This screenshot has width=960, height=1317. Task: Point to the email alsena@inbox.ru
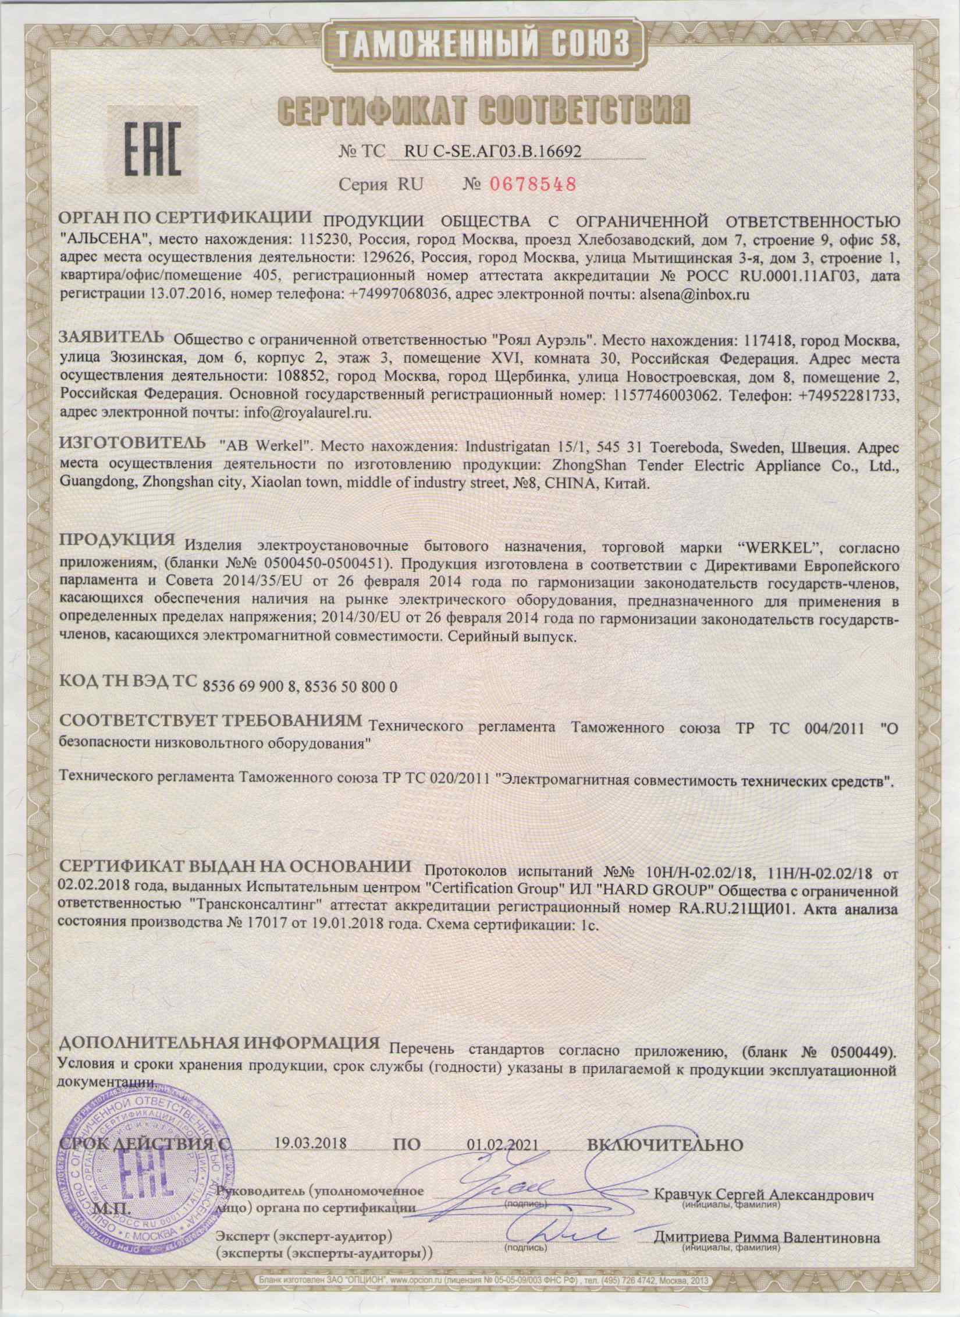click(693, 294)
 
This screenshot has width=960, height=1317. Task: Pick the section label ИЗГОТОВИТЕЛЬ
click(133, 445)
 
